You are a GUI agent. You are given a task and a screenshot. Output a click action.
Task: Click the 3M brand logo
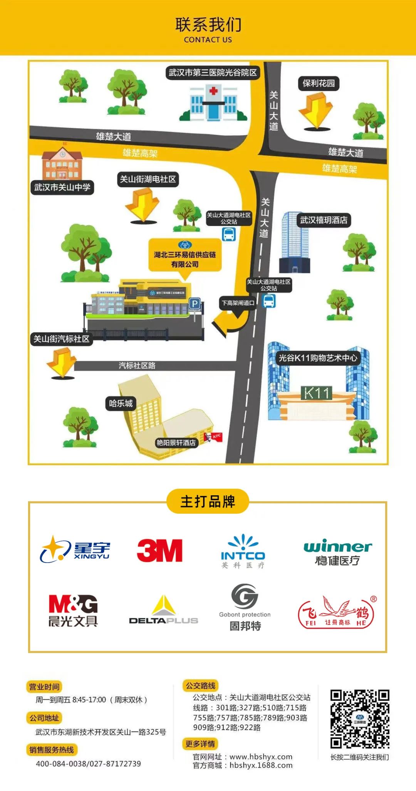(x=159, y=550)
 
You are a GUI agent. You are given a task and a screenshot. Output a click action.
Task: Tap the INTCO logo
(x=243, y=551)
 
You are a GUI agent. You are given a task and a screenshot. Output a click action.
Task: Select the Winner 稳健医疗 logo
(x=337, y=552)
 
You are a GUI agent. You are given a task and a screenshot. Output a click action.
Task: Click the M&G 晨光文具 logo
(x=73, y=610)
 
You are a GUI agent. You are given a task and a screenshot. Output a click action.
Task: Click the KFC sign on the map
(x=213, y=437)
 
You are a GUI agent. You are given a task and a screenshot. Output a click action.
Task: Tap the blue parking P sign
(x=195, y=303)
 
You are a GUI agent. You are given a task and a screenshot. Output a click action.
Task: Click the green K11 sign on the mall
(x=316, y=393)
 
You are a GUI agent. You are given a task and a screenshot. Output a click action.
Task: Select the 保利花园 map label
(x=319, y=84)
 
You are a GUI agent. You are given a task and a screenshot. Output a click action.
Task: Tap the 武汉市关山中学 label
(x=62, y=188)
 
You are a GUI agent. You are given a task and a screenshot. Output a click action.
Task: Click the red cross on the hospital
(x=213, y=91)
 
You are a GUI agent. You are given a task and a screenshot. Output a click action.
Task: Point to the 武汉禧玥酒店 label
(x=324, y=220)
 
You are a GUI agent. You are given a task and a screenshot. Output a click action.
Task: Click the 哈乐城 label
(x=121, y=403)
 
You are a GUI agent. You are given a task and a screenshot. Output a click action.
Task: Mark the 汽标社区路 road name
(x=137, y=365)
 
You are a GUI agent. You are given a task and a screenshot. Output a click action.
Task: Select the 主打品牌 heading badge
(x=208, y=501)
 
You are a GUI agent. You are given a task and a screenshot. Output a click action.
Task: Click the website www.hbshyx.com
(x=261, y=757)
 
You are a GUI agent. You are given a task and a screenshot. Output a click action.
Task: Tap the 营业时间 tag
(x=44, y=687)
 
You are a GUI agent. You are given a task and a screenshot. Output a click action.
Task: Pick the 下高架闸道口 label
(x=238, y=303)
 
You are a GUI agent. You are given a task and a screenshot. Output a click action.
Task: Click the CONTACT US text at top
(x=208, y=40)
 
